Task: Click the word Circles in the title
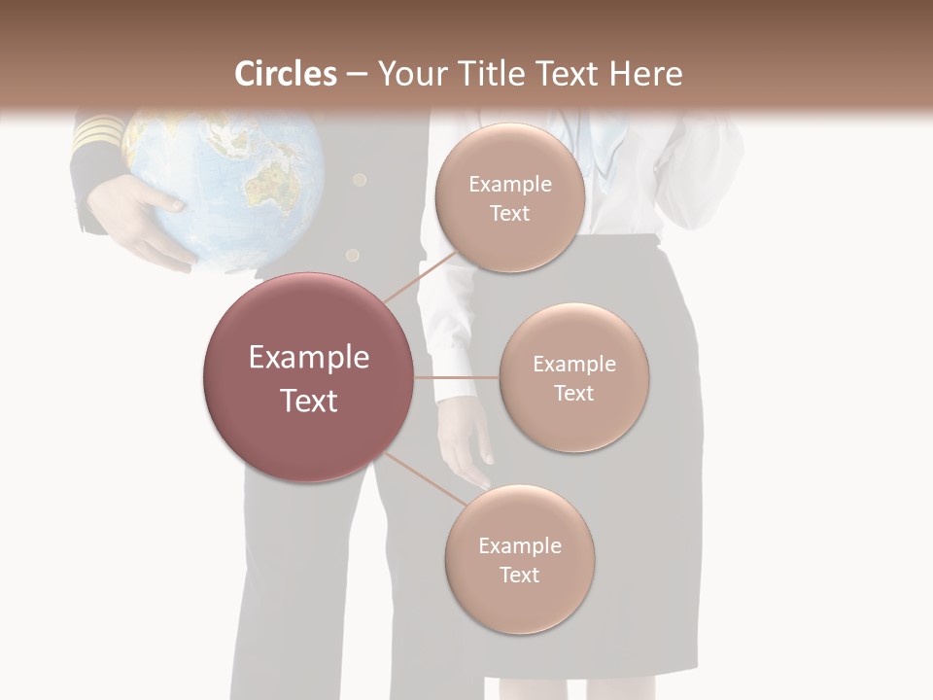pyautogui.click(x=286, y=74)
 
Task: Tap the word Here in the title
pyautogui.click(x=646, y=74)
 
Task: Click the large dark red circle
pyautogui.click(x=308, y=377)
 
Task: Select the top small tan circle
pyautogui.click(x=509, y=198)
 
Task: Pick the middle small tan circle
pyautogui.click(x=573, y=378)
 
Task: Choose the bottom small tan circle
pyautogui.click(x=519, y=560)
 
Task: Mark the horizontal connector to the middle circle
pyautogui.click(x=457, y=377)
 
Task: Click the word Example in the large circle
pyautogui.click(x=308, y=358)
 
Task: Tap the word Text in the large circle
pyautogui.click(x=308, y=401)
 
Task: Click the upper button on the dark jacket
pyautogui.click(x=360, y=180)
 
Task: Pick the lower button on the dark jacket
pyautogui.click(x=352, y=256)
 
